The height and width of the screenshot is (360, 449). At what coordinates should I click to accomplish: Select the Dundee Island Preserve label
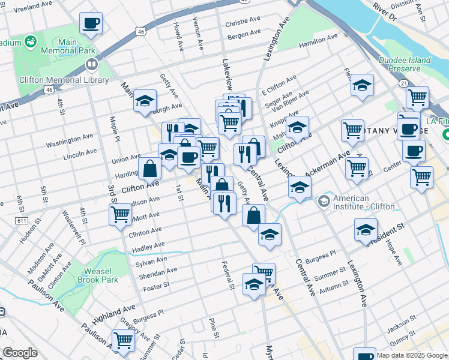point(405,64)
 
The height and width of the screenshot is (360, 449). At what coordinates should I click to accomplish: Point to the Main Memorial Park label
point(68,47)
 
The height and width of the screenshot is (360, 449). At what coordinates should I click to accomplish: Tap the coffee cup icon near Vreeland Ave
point(91,24)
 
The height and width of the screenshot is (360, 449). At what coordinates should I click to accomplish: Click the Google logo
point(20,353)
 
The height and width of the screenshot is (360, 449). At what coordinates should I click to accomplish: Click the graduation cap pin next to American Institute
point(300,187)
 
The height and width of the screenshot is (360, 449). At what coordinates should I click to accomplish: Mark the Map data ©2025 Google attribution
point(412,355)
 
